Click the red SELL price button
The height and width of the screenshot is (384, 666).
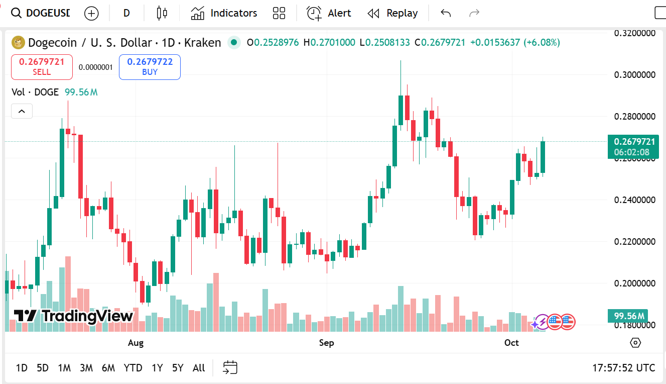42,67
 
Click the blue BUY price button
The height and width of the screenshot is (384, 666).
150,67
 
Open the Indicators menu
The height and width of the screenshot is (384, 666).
224,13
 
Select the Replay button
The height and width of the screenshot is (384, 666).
392,13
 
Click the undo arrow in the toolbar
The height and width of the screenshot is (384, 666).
446,13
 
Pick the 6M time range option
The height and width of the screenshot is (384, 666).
108,368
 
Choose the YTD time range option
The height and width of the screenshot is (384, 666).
133,368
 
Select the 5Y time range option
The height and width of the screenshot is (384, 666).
178,368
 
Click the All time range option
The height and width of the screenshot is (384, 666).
199,368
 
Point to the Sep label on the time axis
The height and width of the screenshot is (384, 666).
326,343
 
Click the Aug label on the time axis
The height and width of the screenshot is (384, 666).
136,343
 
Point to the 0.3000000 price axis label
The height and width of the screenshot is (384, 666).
635,75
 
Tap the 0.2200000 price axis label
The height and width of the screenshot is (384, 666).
635,242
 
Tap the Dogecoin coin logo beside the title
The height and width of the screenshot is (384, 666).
18,43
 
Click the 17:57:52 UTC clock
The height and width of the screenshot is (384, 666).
623,368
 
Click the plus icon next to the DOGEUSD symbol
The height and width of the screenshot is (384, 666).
91,13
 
